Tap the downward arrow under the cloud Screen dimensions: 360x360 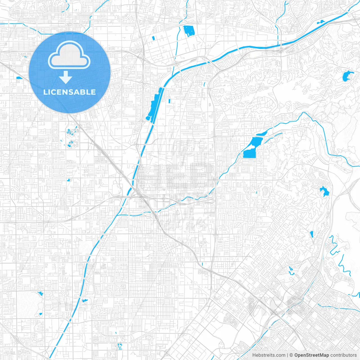66,77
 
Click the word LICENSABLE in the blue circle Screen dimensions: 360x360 69,92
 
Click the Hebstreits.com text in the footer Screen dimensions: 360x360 269,355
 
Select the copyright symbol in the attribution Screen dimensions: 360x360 291,355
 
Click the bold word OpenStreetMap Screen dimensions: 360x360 312,355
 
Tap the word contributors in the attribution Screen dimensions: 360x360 343,355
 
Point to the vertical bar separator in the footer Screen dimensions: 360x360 287,355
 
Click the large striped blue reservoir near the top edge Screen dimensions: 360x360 189,31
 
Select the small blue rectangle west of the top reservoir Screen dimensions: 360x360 153,38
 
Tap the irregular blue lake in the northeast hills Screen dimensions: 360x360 347,76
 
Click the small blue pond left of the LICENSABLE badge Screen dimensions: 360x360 19,78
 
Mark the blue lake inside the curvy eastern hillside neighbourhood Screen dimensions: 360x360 324,192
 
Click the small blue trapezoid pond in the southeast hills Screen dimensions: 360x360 311,234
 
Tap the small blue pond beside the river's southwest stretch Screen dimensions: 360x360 85,301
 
